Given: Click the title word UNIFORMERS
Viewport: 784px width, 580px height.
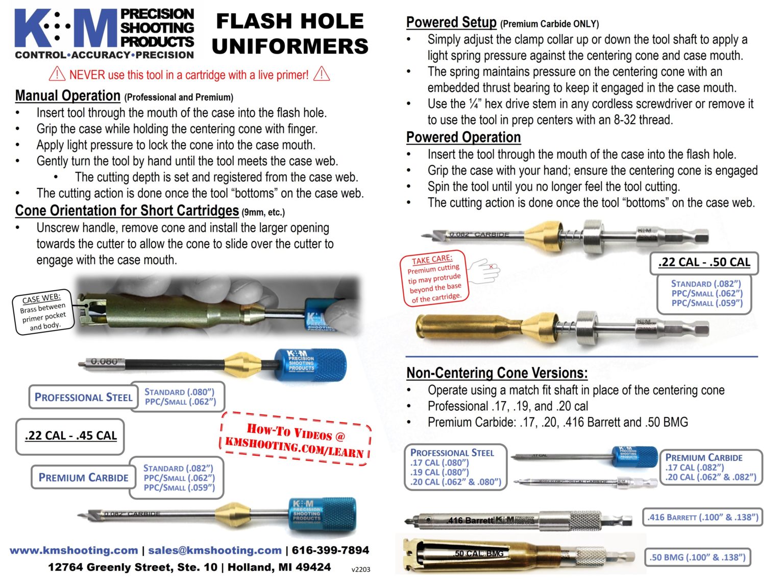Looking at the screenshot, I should pyautogui.click(x=290, y=47).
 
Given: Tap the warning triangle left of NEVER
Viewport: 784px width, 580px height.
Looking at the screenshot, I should pyautogui.click(x=57, y=75).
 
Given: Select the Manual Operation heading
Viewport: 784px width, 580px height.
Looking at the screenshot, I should pyautogui.click(x=67, y=96).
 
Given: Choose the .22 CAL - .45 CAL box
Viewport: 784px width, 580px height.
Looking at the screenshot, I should pyautogui.click(x=70, y=436).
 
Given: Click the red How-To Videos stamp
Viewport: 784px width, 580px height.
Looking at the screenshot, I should pyautogui.click(x=296, y=439).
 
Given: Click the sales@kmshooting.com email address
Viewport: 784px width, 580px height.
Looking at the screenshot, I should pyautogui.click(x=214, y=550).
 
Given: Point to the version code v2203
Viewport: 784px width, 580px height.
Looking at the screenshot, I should pyautogui.click(x=361, y=569).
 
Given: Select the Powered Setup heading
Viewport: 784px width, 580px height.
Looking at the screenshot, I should pyautogui.click(x=451, y=22).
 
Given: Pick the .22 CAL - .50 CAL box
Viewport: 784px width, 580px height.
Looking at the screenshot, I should pyautogui.click(x=704, y=263).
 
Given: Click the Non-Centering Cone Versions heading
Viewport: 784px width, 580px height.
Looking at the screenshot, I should pyautogui.click(x=497, y=373).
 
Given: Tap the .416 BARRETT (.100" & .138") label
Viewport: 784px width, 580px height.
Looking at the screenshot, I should pyautogui.click(x=702, y=517).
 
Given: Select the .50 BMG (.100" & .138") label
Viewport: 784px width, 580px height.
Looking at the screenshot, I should pyautogui.click(x=697, y=557).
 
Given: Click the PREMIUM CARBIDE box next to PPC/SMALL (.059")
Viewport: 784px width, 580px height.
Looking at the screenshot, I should pyautogui.click(x=83, y=477).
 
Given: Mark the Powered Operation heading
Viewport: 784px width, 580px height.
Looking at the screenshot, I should pyautogui.click(x=463, y=137).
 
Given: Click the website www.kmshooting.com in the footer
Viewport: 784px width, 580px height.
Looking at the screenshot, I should pyautogui.click(x=73, y=550).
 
